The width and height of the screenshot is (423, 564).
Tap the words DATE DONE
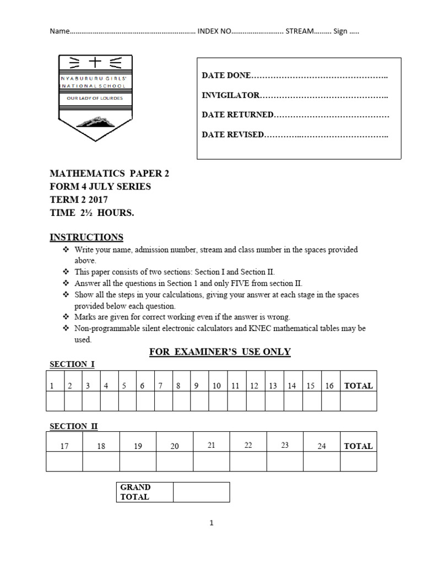[x=226, y=75]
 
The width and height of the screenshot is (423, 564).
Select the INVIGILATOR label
[x=230, y=95]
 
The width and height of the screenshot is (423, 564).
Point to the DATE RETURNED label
[x=237, y=115]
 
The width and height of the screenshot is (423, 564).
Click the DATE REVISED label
[x=233, y=134]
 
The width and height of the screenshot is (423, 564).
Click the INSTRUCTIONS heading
[x=86, y=237]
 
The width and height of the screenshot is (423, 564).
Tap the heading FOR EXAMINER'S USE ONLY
[x=220, y=351]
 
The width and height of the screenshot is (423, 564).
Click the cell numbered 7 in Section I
[x=160, y=386]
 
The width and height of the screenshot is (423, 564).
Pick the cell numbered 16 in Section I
[x=329, y=386]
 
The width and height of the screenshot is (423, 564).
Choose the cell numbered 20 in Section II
[x=175, y=446]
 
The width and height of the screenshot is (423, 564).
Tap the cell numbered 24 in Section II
[x=322, y=446]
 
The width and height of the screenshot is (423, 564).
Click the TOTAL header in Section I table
[x=359, y=386]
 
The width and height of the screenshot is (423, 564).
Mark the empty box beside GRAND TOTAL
[x=201, y=492]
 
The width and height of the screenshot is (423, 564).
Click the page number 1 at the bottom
[x=211, y=523]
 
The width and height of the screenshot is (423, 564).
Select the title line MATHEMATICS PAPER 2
[x=110, y=173]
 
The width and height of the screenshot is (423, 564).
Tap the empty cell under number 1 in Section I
[x=55, y=402]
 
